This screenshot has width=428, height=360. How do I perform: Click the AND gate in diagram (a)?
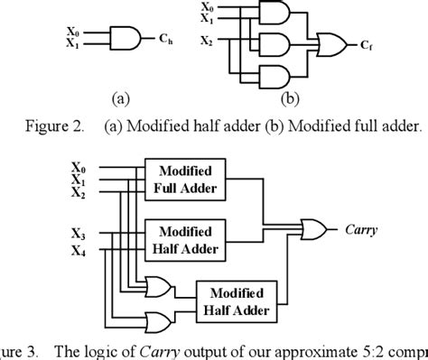(124, 37)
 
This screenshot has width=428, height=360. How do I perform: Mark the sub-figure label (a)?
(121, 99)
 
